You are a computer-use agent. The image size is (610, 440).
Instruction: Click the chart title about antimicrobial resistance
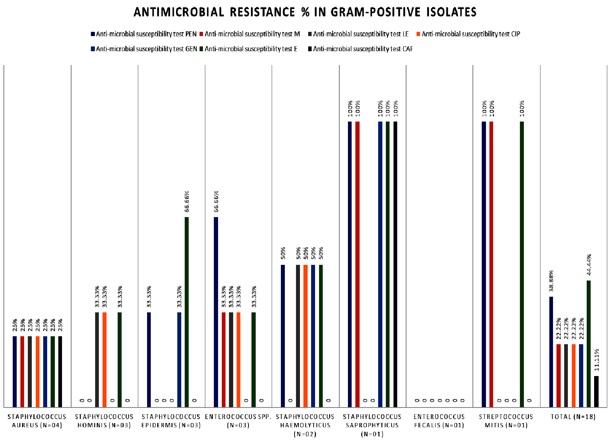click(305, 12)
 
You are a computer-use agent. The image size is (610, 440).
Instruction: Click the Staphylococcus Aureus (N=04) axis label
click(37, 421)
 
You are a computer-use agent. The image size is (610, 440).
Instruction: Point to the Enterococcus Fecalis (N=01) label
click(439, 421)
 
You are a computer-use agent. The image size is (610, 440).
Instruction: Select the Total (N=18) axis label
click(573, 417)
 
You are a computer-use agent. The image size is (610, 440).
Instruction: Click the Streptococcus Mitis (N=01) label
click(506, 421)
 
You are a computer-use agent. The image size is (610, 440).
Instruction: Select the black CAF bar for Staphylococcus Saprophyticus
click(395, 264)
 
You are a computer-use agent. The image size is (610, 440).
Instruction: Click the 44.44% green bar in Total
click(589, 344)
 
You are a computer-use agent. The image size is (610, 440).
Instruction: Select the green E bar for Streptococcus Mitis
click(522, 264)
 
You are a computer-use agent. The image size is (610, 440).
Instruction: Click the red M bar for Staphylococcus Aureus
click(22, 371)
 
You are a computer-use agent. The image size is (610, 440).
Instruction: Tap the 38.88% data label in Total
click(551, 281)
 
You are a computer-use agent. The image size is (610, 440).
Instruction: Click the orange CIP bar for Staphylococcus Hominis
click(105, 360)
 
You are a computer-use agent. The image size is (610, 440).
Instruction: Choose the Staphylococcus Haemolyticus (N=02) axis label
click(305, 425)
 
